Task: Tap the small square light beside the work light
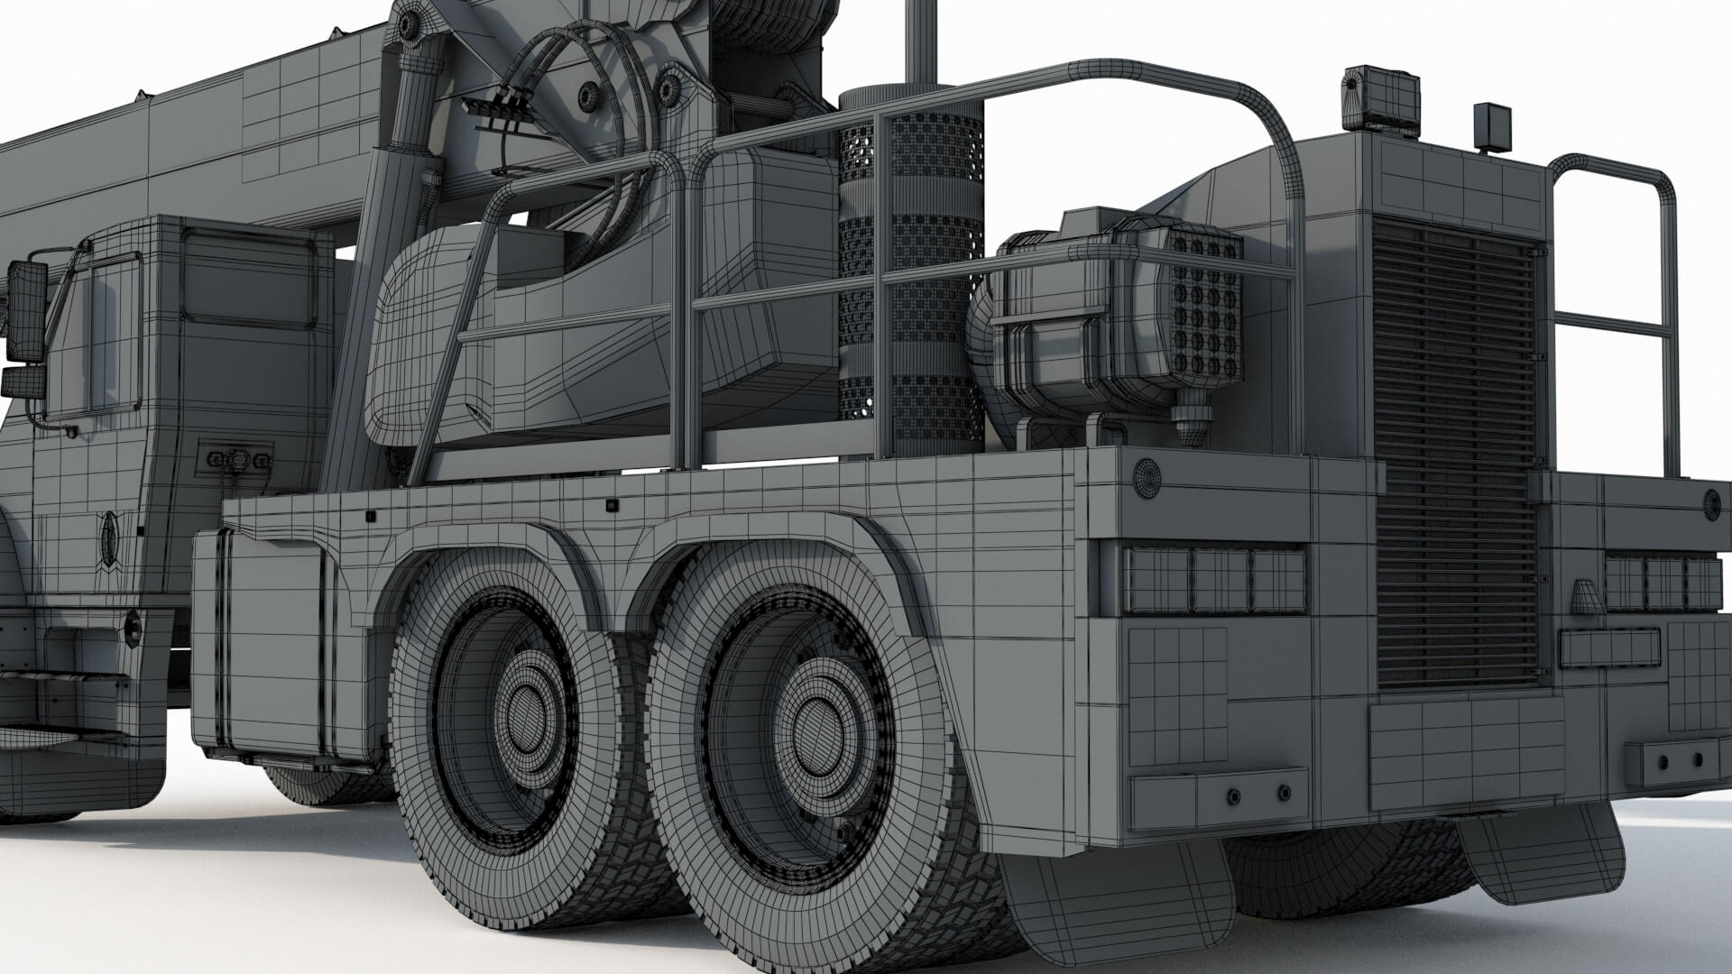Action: point(1492,126)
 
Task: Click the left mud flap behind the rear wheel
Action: point(1119,902)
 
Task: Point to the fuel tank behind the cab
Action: point(271,645)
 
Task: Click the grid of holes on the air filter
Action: point(1206,307)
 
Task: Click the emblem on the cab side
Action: point(110,538)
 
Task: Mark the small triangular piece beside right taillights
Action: point(1586,597)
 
